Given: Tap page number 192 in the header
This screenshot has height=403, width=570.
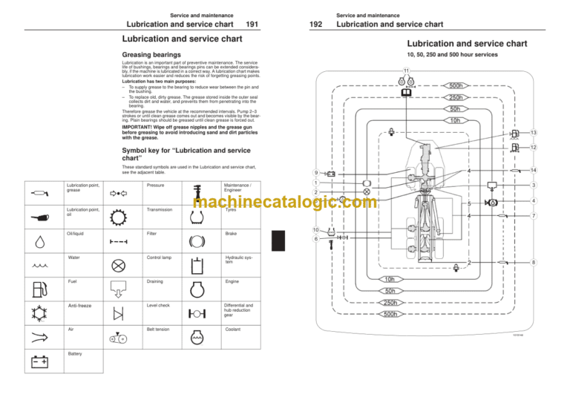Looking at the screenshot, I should point(315,24).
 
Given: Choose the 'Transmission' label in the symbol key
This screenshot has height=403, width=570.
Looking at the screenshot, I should point(161,210).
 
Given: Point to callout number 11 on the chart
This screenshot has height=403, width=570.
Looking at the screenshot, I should point(407,71).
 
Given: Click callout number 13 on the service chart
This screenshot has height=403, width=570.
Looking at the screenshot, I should point(534,132).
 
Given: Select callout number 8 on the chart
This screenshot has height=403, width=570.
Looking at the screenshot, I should point(534,262).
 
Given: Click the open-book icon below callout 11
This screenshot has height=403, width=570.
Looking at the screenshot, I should point(407,93).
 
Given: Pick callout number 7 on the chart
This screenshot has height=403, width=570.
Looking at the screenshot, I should point(534,215).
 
